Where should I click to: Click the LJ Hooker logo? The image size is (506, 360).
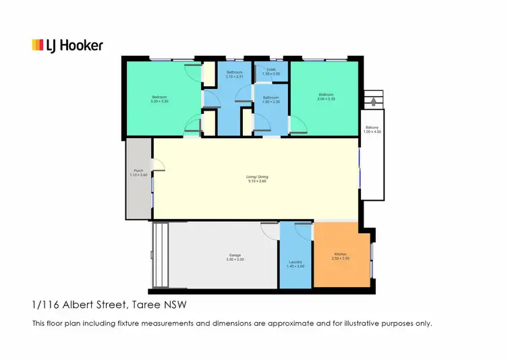pos(67,45)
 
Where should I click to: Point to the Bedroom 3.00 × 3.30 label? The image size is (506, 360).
pos(326,96)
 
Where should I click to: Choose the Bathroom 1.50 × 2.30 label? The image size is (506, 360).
pos(271,100)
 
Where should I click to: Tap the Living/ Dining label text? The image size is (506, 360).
pos(257,179)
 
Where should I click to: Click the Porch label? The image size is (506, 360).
pos(138,173)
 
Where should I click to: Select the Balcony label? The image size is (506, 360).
pos(372,129)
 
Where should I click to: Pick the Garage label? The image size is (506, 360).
pos(235,257)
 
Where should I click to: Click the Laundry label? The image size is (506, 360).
pos(296,264)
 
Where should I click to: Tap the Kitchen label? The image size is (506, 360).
pos(340,256)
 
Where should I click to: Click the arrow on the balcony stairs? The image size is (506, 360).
pos(372,102)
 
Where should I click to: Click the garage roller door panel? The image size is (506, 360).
pos(161,256)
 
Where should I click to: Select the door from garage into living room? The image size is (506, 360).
pos(270,230)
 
